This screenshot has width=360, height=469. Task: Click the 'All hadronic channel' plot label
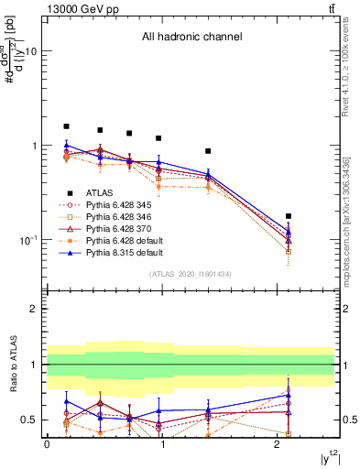[x=191, y=37]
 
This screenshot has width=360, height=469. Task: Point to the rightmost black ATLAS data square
[x=289, y=216]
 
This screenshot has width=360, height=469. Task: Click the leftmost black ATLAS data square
[x=66, y=126]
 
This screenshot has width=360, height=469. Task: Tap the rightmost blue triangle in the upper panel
[x=289, y=231]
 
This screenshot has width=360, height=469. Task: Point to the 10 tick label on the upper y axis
[x=31, y=52]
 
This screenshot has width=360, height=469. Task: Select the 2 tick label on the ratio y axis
[x=35, y=309]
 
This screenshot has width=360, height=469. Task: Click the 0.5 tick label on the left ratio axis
[x=31, y=420]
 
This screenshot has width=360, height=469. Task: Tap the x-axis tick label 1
[x=162, y=443]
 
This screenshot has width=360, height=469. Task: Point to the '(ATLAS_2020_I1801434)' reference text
[x=191, y=274]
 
